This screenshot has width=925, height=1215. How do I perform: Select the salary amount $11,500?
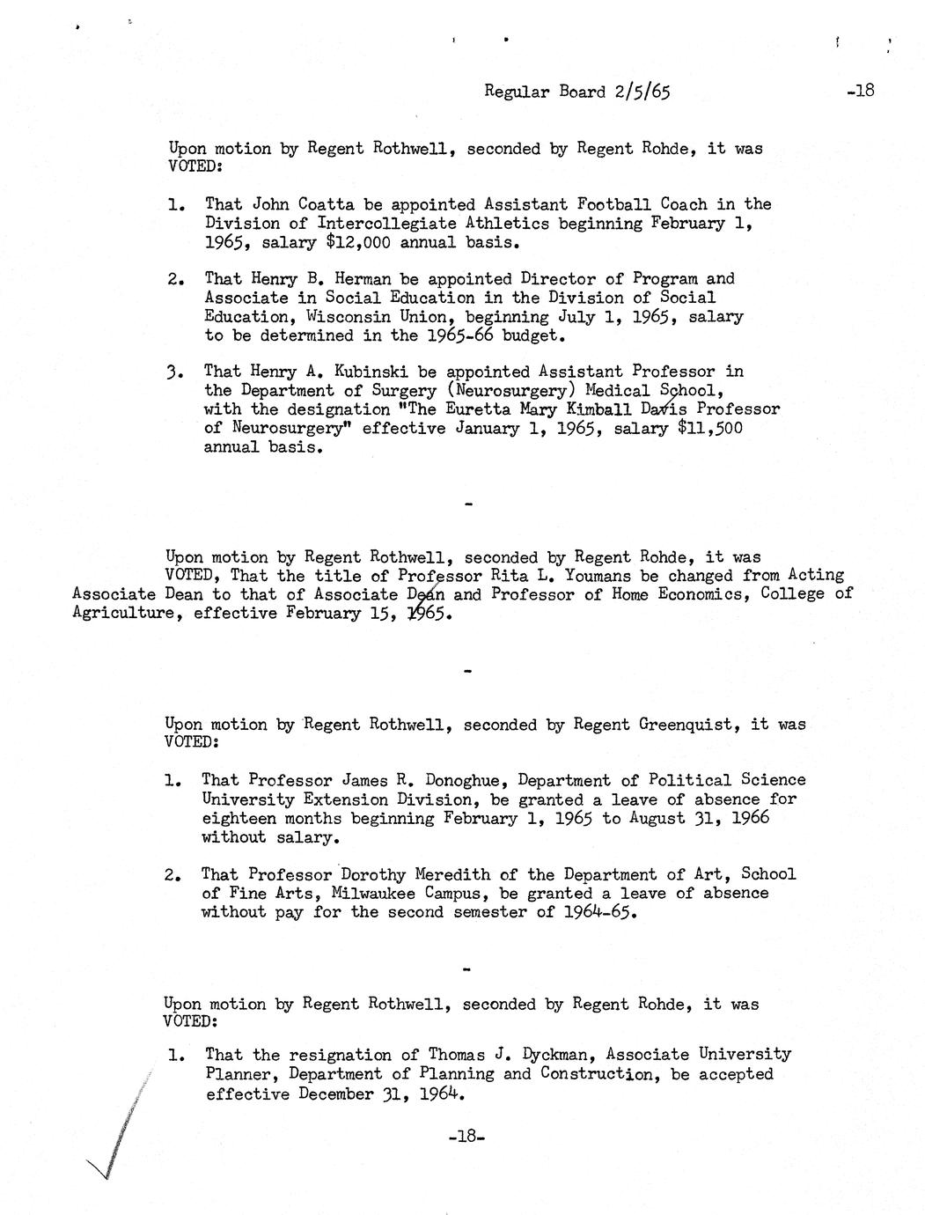click(709, 429)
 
